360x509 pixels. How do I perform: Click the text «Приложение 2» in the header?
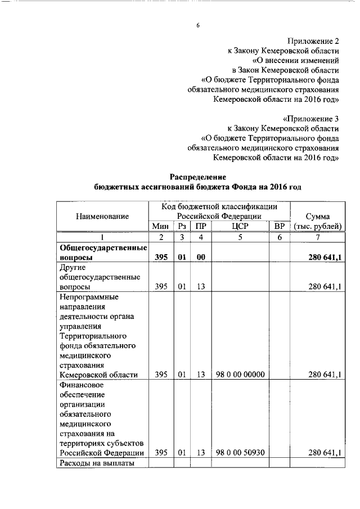314,40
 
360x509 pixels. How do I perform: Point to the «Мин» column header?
160,226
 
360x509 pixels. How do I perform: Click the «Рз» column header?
182,226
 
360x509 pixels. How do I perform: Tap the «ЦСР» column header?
240,226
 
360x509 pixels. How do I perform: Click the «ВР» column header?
278,226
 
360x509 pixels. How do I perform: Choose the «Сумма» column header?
317,216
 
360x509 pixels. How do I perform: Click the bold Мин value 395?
161,258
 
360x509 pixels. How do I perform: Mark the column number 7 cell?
317,237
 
